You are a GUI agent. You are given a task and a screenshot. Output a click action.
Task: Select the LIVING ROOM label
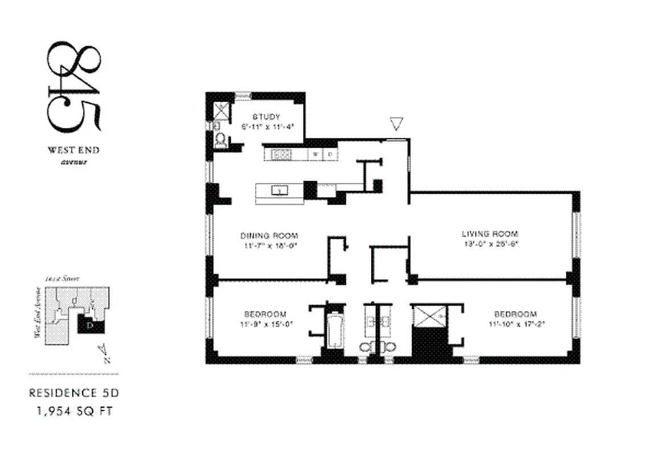click(490, 234)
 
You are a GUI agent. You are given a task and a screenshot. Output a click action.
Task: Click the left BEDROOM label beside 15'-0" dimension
click(265, 314)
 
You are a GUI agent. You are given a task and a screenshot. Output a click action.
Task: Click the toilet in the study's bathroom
click(220, 140)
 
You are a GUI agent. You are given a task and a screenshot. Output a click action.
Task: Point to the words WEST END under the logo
click(73, 151)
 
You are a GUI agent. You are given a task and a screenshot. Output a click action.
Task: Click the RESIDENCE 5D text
click(75, 393)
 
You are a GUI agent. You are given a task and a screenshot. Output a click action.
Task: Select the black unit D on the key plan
click(91, 323)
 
